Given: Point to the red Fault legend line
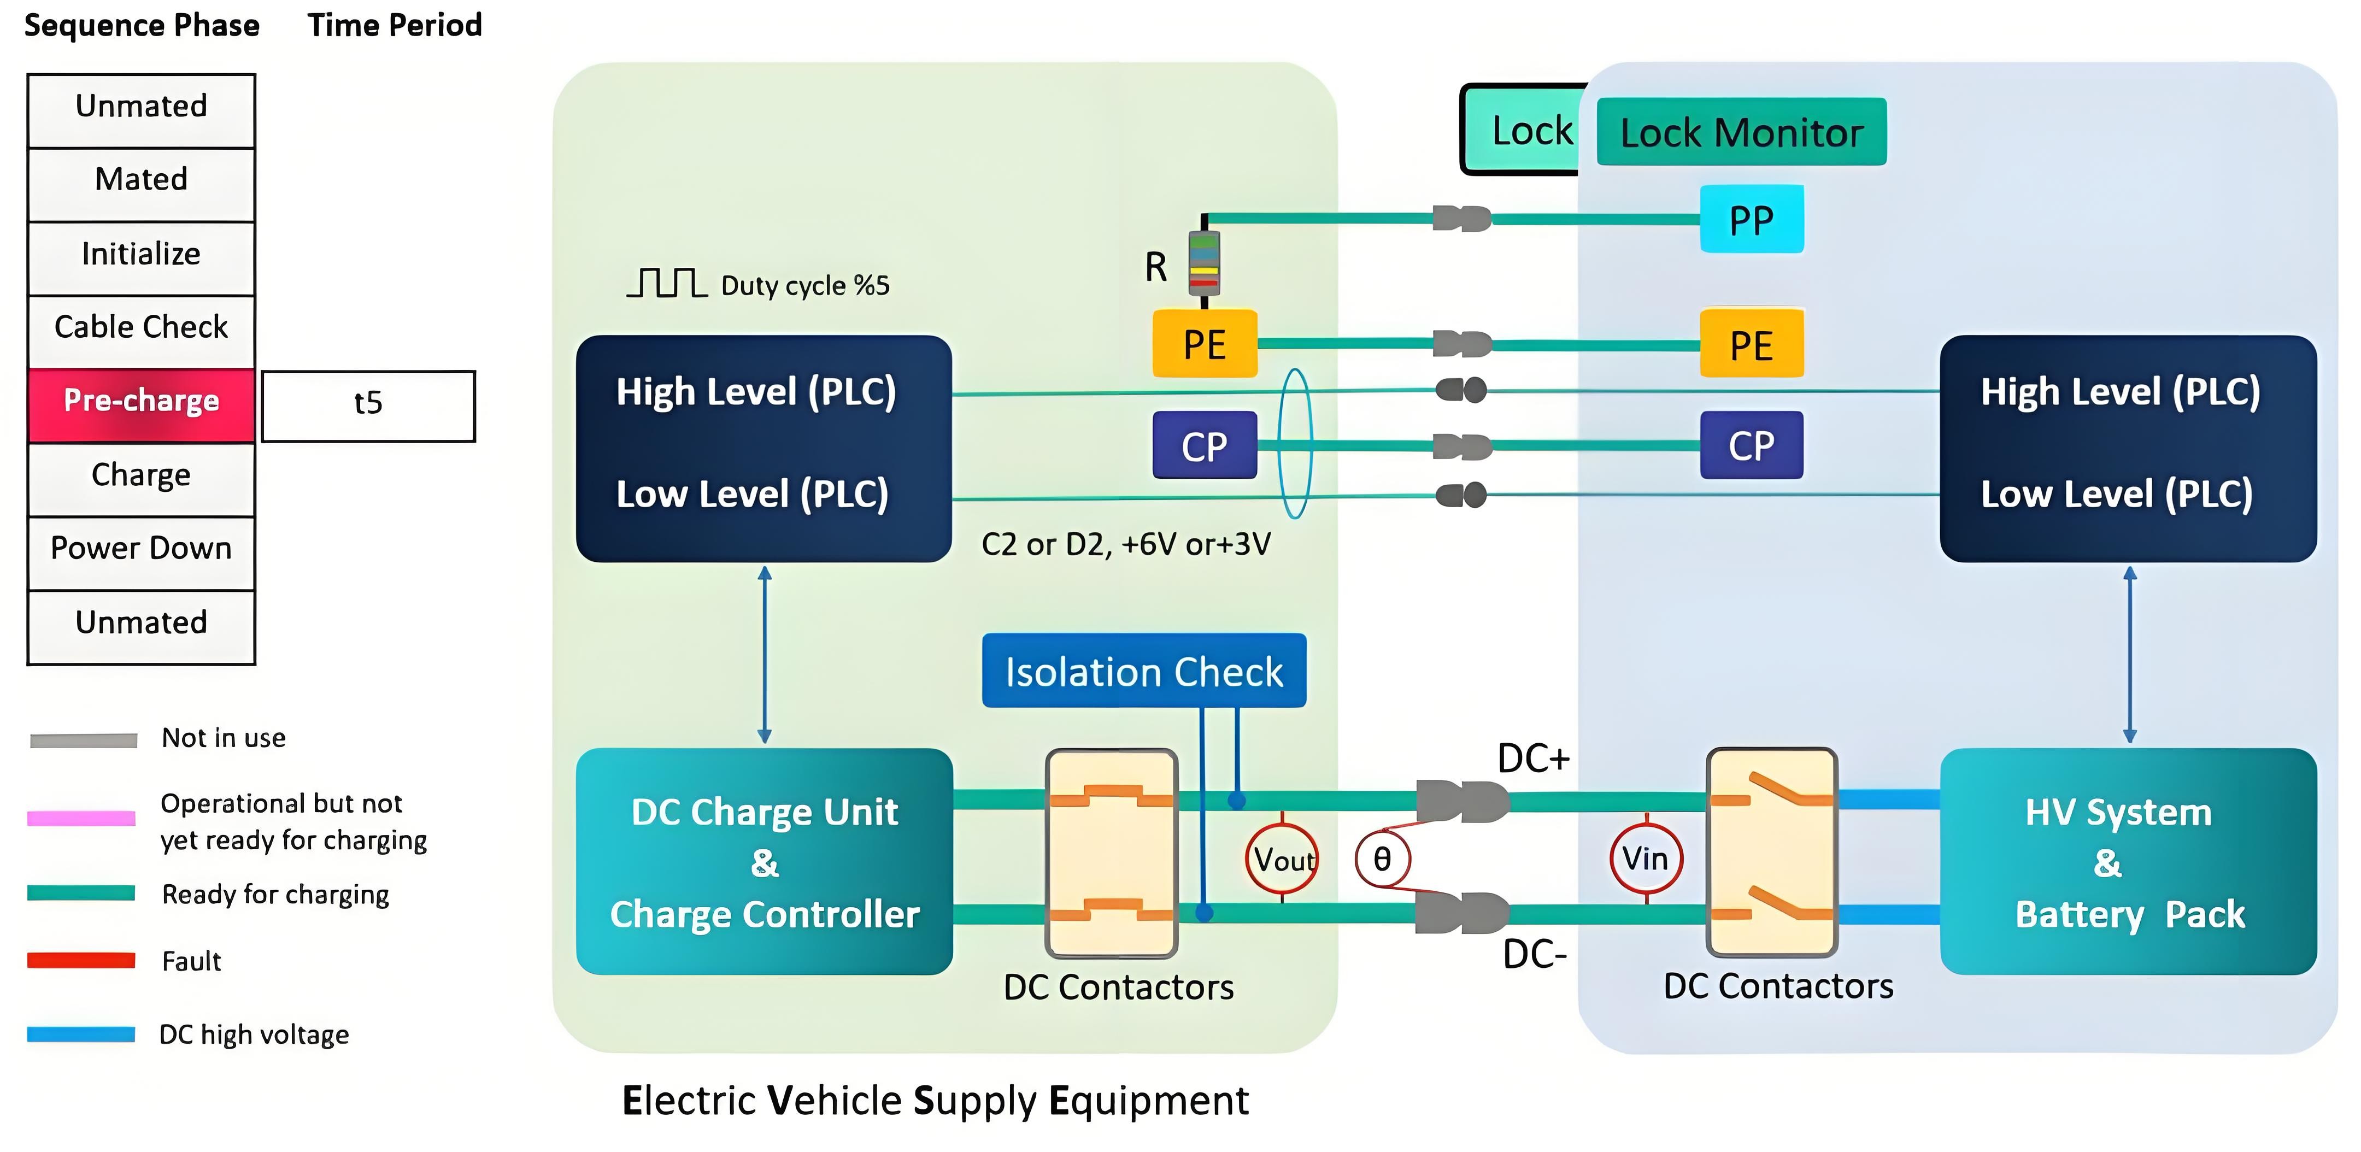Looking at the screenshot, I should click(x=81, y=961).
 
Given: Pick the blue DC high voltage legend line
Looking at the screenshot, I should click(x=81, y=1035).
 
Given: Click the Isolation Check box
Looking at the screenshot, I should click(x=1144, y=671).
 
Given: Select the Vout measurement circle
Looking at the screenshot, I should click(x=1282, y=860).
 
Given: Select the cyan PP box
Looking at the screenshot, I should click(x=1752, y=220).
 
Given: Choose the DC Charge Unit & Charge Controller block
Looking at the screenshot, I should click(x=765, y=861).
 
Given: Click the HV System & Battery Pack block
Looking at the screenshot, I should click(x=2128, y=861).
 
